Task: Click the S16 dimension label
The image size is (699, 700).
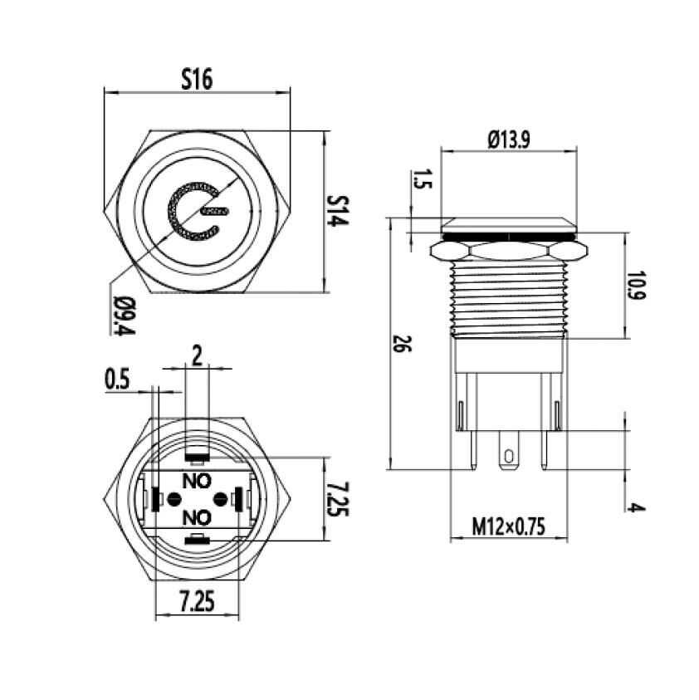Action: coord(197,79)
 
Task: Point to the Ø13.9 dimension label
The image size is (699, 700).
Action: coord(508,140)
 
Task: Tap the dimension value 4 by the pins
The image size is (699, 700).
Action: coord(636,507)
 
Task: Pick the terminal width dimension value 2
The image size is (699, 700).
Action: coord(197,357)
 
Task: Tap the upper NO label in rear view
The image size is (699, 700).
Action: coord(196,479)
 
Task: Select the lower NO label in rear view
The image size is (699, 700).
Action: coord(196,517)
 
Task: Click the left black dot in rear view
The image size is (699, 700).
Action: coord(174,498)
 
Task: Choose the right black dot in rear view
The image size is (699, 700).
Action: coord(220,498)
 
